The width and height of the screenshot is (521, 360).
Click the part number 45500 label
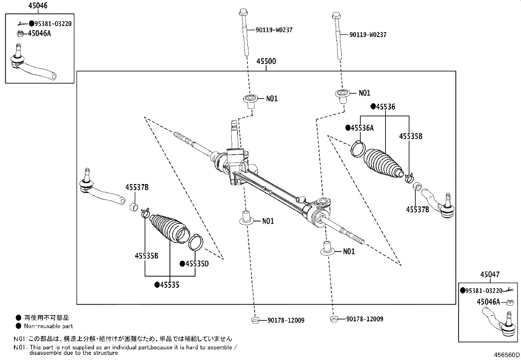[266, 61]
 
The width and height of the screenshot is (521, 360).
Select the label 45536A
[362, 128]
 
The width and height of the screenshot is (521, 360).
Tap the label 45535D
[197, 264]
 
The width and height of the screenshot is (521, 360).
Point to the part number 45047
[490, 275]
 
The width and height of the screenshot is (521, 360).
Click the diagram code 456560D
[507, 355]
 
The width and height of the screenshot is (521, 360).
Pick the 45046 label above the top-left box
[38, 6]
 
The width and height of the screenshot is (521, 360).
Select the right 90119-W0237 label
[368, 35]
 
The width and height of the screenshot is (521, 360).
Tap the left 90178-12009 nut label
[286, 320]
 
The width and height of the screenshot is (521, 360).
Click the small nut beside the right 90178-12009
[333, 319]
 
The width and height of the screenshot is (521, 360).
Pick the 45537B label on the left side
[137, 187]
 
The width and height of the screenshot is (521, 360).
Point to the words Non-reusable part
[48, 326]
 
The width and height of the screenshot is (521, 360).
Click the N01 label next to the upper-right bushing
[364, 93]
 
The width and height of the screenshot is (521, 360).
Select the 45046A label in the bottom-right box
[488, 302]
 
